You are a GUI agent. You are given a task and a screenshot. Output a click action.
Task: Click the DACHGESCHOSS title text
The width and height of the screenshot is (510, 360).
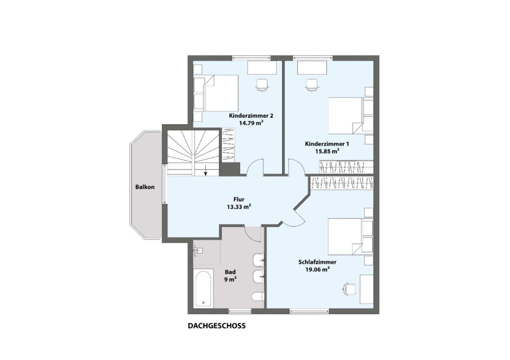click(217, 326)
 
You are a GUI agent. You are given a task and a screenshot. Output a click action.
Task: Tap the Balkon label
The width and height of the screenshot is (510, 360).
click(145, 187)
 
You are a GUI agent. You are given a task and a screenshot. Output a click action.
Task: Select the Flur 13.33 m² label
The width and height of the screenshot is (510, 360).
click(239, 203)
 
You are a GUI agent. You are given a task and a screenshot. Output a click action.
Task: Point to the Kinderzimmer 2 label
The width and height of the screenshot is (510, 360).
click(251, 116)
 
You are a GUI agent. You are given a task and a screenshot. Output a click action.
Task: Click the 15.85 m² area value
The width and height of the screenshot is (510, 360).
click(327, 151)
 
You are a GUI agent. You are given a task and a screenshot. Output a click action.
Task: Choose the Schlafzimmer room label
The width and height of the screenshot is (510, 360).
click(317, 262)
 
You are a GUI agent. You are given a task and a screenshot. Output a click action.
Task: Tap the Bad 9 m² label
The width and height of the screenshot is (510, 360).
click(230, 276)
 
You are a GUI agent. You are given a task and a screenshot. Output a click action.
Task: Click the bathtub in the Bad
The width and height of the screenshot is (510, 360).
click(203, 288)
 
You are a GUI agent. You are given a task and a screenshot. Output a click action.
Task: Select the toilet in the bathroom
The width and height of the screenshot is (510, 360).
click(258, 296)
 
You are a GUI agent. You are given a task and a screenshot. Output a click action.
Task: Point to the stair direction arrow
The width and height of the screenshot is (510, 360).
click(206, 170)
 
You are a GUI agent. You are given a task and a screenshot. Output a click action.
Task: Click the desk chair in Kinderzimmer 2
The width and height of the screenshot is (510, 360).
click(262, 85)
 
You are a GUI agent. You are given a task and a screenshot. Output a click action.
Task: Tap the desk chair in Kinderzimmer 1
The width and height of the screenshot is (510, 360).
click(312, 85)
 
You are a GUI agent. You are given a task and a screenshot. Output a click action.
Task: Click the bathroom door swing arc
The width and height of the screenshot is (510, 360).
click(253, 234)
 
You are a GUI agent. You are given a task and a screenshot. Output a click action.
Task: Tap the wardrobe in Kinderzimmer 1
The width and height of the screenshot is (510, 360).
click(346, 167)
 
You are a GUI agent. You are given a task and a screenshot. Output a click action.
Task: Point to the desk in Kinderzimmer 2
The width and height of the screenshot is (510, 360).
click(262, 68)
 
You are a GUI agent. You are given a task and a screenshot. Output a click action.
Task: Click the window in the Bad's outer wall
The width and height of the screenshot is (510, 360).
click(240, 311)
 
